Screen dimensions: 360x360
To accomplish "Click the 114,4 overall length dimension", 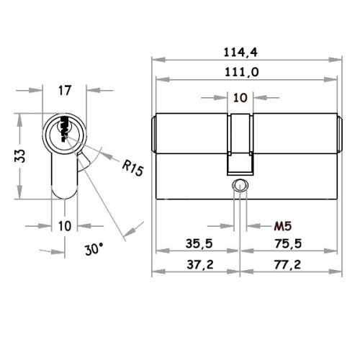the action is [240, 53].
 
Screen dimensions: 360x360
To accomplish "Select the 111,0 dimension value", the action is [241, 72].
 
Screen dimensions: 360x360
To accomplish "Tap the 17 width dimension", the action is [65, 91].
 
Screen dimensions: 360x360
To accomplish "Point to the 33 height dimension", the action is [20, 156].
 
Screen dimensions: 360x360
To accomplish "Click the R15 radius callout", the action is [132, 168].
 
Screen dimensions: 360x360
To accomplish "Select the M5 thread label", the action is [283, 226].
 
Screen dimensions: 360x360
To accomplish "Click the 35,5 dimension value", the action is [199, 243].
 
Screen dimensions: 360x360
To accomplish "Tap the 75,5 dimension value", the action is [288, 243].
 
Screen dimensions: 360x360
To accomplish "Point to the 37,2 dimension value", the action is [200, 265].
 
